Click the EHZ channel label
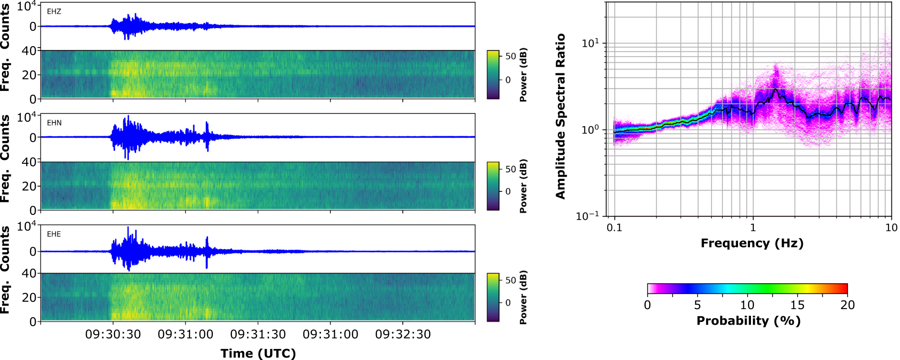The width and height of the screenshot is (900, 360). pyautogui.click(x=54, y=11)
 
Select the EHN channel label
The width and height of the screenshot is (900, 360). pyautogui.click(x=54, y=123)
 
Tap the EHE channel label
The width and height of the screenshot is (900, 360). pyautogui.click(x=54, y=234)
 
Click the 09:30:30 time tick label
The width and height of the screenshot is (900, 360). pyautogui.click(x=113, y=335)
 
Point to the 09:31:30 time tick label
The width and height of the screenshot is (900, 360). pyautogui.click(x=258, y=335)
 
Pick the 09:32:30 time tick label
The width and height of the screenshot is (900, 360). pyautogui.click(x=403, y=335)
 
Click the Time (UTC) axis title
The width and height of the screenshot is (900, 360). pyautogui.click(x=258, y=353)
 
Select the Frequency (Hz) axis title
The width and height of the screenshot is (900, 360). pyautogui.click(x=752, y=243)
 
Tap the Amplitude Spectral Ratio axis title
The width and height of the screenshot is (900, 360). pyautogui.click(x=560, y=116)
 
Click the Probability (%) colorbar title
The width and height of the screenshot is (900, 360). pyautogui.click(x=748, y=320)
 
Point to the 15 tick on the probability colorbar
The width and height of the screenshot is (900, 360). pyautogui.click(x=797, y=305)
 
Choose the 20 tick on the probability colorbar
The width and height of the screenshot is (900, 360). pyautogui.click(x=847, y=305)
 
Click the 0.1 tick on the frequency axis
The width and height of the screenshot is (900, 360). pyautogui.click(x=614, y=228)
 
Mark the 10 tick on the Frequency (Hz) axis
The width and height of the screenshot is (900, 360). pyautogui.click(x=891, y=228)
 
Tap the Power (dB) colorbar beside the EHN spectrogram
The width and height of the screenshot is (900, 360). pyautogui.click(x=493, y=186)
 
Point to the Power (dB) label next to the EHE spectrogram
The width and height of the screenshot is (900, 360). pyautogui.click(x=523, y=298)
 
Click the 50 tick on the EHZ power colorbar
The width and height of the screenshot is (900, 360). pyautogui.click(x=510, y=56)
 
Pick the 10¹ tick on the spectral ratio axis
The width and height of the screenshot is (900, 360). pyautogui.click(x=590, y=43)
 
